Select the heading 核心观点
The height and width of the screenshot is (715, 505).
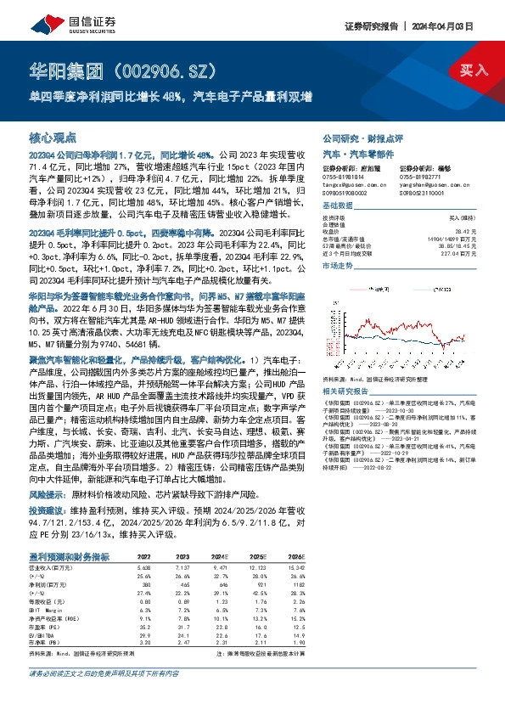click(53, 136)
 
